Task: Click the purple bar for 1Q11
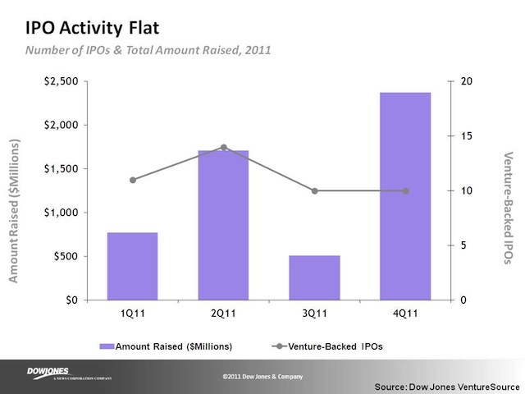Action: pyautogui.click(x=132, y=266)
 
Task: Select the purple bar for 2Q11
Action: pyautogui.click(x=223, y=225)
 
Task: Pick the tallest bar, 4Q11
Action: pyautogui.click(x=405, y=196)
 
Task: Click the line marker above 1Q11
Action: pyautogui.click(x=132, y=180)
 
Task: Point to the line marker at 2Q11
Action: pyautogui.click(x=223, y=147)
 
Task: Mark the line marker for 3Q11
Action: pyautogui.click(x=314, y=191)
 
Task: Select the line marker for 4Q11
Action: pyautogui.click(x=405, y=191)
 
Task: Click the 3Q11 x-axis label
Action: pyautogui.click(x=314, y=314)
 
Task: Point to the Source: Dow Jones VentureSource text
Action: pyautogui.click(x=446, y=385)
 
